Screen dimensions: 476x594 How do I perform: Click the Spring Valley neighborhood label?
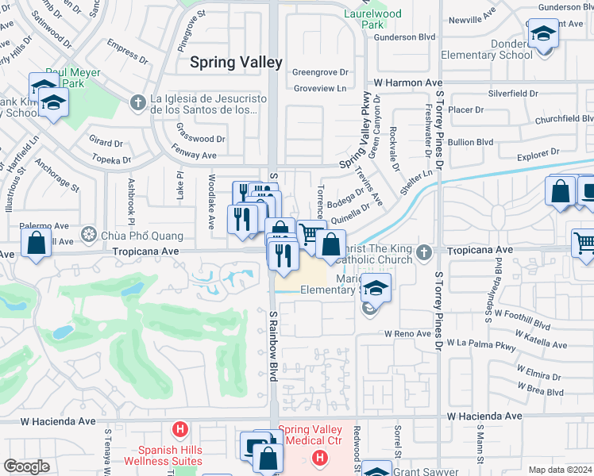(236, 62)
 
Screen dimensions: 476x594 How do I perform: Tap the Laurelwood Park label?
(364, 19)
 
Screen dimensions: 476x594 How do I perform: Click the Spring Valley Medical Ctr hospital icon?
(319, 459)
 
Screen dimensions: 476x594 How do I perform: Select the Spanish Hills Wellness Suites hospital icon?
(181, 430)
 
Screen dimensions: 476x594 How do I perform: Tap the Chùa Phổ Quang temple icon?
(90, 236)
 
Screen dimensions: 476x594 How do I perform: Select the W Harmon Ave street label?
(408, 83)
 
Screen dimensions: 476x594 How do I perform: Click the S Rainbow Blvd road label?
(272, 345)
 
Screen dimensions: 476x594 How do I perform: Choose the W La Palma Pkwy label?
(481, 344)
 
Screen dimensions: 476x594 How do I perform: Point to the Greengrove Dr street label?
(321, 71)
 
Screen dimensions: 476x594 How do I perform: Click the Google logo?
(26, 466)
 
